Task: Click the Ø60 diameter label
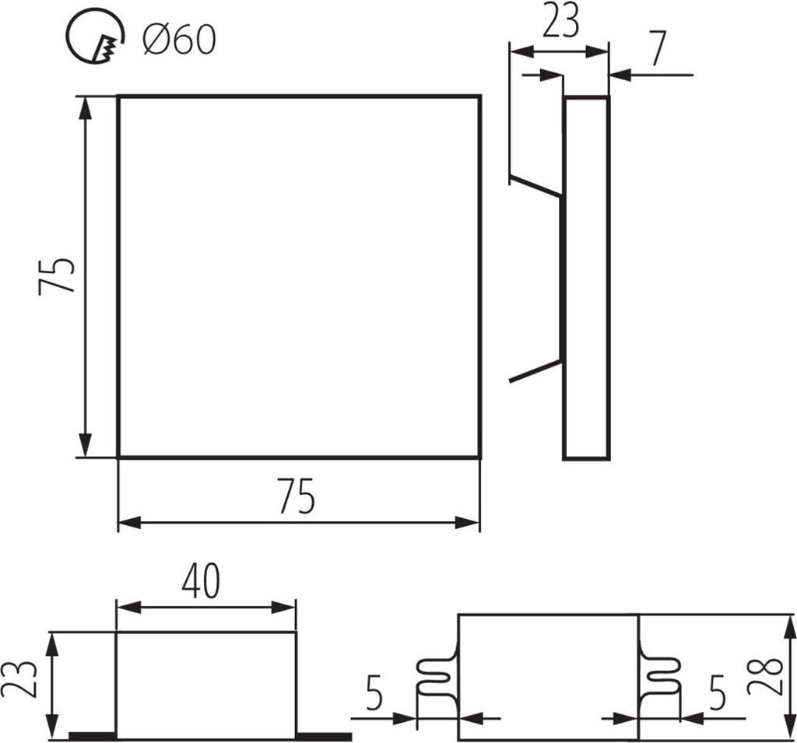pos(179,39)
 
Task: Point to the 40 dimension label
pos(201,581)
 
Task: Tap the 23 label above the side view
pos(560,23)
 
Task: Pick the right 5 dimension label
pos(717,693)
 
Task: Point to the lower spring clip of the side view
pos(535,371)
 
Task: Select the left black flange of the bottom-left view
pos(92,735)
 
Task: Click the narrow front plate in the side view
pos(586,278)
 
